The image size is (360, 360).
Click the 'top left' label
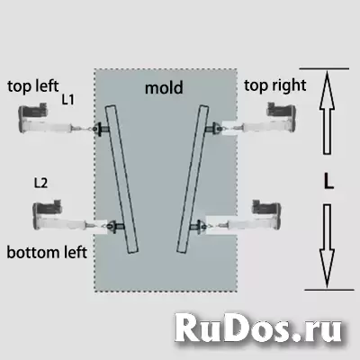(33, 86)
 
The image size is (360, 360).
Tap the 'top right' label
(275, 85)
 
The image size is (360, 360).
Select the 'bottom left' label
(47, 252)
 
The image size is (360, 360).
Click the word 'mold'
(164, 88)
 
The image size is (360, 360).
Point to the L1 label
(67, 100)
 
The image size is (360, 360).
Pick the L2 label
(40, 183)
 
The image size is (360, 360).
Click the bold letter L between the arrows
(328, 182)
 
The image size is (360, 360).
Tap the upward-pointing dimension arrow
(327, 112)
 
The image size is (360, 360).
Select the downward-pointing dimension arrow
(327, 246)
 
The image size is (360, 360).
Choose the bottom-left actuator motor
(47, 214)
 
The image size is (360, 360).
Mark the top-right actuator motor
(282, 118)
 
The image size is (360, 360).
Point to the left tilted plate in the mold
(121, 179)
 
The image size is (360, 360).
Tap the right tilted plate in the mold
(193, 179)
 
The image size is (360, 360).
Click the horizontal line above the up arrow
(324, 69)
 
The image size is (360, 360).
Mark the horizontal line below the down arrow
(329, 290)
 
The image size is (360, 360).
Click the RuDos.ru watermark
(258, 328)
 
